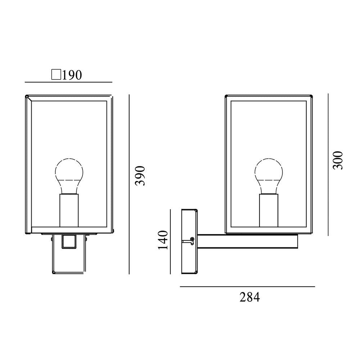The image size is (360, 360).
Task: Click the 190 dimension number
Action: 72,75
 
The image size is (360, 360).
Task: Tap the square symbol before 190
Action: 56,75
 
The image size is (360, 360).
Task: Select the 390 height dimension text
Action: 140,176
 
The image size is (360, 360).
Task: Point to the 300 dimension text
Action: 338,160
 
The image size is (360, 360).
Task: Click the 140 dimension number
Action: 163,240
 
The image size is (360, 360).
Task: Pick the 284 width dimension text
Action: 250,297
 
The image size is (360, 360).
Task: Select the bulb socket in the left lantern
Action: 69,211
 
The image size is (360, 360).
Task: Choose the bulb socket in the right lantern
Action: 269,211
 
